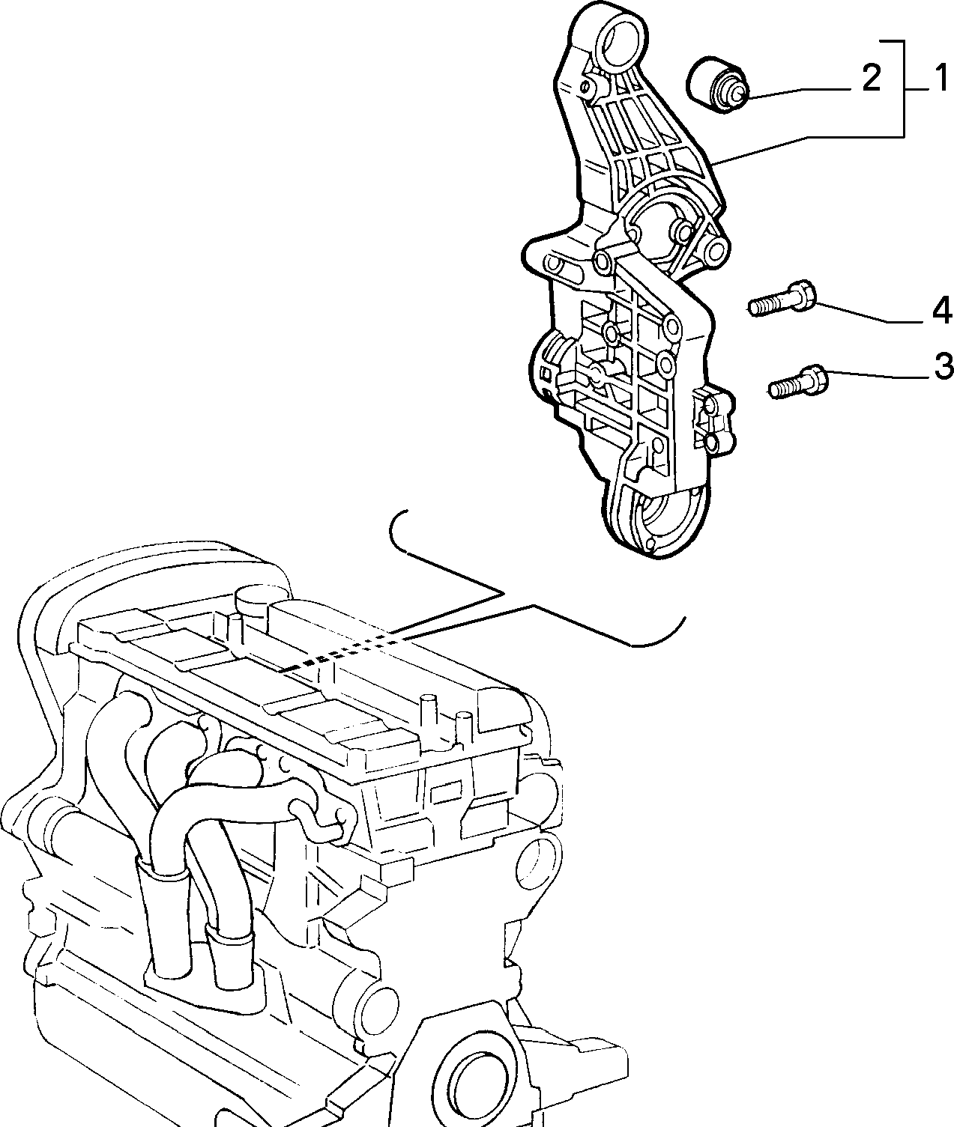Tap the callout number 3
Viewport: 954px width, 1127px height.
(x=943, y=366)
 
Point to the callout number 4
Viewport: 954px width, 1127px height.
(x=941, y=312)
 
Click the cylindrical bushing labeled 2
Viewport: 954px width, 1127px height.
(x=716, y=85)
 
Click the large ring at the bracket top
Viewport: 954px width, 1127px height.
(x=624, y=42)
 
